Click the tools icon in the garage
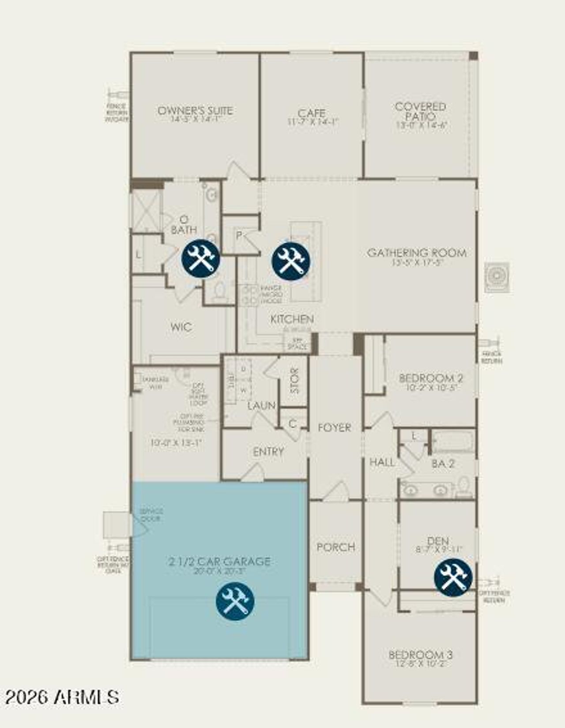point(235,601)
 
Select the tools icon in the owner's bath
point(201,259)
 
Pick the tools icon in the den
point(453,578)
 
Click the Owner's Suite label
point(195,110)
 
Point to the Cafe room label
point(312,113)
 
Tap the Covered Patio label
point(421,111)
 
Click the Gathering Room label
point(417,253)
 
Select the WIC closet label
point(181,327)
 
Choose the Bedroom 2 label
point(431,378)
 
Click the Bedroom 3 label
point(420,655)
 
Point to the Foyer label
point(335,427)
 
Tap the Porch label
point(336,547)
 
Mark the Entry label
point(268,452)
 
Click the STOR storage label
point(294,381)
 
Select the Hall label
point(382,462)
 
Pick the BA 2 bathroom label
point(443,464)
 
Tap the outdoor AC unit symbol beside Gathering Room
point(497,277)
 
